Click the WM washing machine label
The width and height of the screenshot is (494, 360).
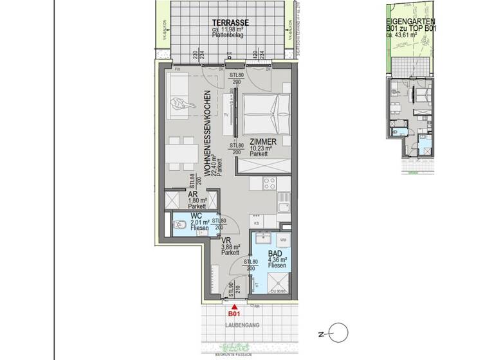pyautogui.click(x=284, y=239)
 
